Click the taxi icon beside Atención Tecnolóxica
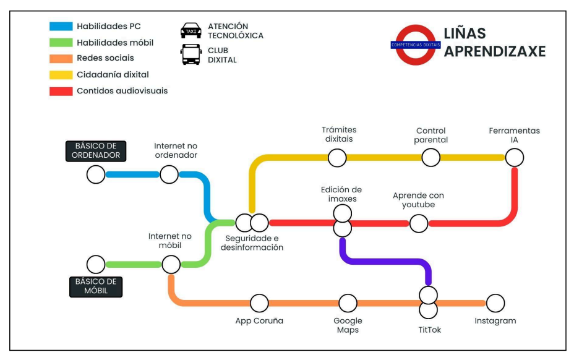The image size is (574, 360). [x=191, y=30]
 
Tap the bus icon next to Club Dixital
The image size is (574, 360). [x=191, y=55]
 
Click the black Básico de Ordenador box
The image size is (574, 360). [x=93, y=151]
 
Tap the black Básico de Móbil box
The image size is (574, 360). [x=96, y=286]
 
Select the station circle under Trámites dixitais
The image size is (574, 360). [x=337, y=158]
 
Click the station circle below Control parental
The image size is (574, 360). [x=430, y=158]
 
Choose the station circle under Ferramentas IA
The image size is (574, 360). [x=514, y=158]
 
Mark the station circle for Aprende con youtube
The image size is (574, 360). [x=419, y=223]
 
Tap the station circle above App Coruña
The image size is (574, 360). [x=259, y=303]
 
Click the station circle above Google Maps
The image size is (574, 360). [x=348, y=303]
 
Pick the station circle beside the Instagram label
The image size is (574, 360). [x=495, y=303]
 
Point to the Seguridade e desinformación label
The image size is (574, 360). [x=252, y=243]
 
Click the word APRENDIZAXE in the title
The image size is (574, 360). [x=495, y=51]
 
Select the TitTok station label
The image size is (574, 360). [x=429, y=330]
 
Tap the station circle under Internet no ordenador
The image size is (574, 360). [x=169, y=174]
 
